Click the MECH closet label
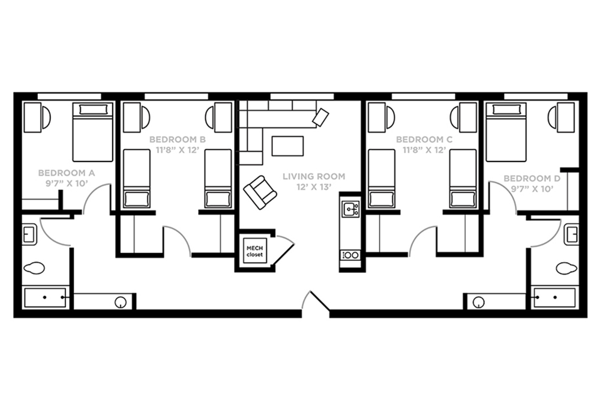coord(254,251)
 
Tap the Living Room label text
coord(314,176)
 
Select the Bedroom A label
coord(67,173)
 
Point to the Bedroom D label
coord(532,179)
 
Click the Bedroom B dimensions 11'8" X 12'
coord(178,150)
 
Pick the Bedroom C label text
coord(424,140)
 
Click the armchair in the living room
coord(260,193)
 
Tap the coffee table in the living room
coord(288,146)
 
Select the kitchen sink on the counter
coord(351,209)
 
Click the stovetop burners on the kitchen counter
coord(350,255)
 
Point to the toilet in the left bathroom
coord(34,267)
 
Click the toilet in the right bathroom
coord(567,267)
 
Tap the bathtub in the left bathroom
coord(45,297)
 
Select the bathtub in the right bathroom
coord(555,297)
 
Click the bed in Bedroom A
coord(93,132)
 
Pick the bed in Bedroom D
coord(506,132)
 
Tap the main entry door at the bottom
coord(316,303)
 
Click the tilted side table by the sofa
coord(320,118)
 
